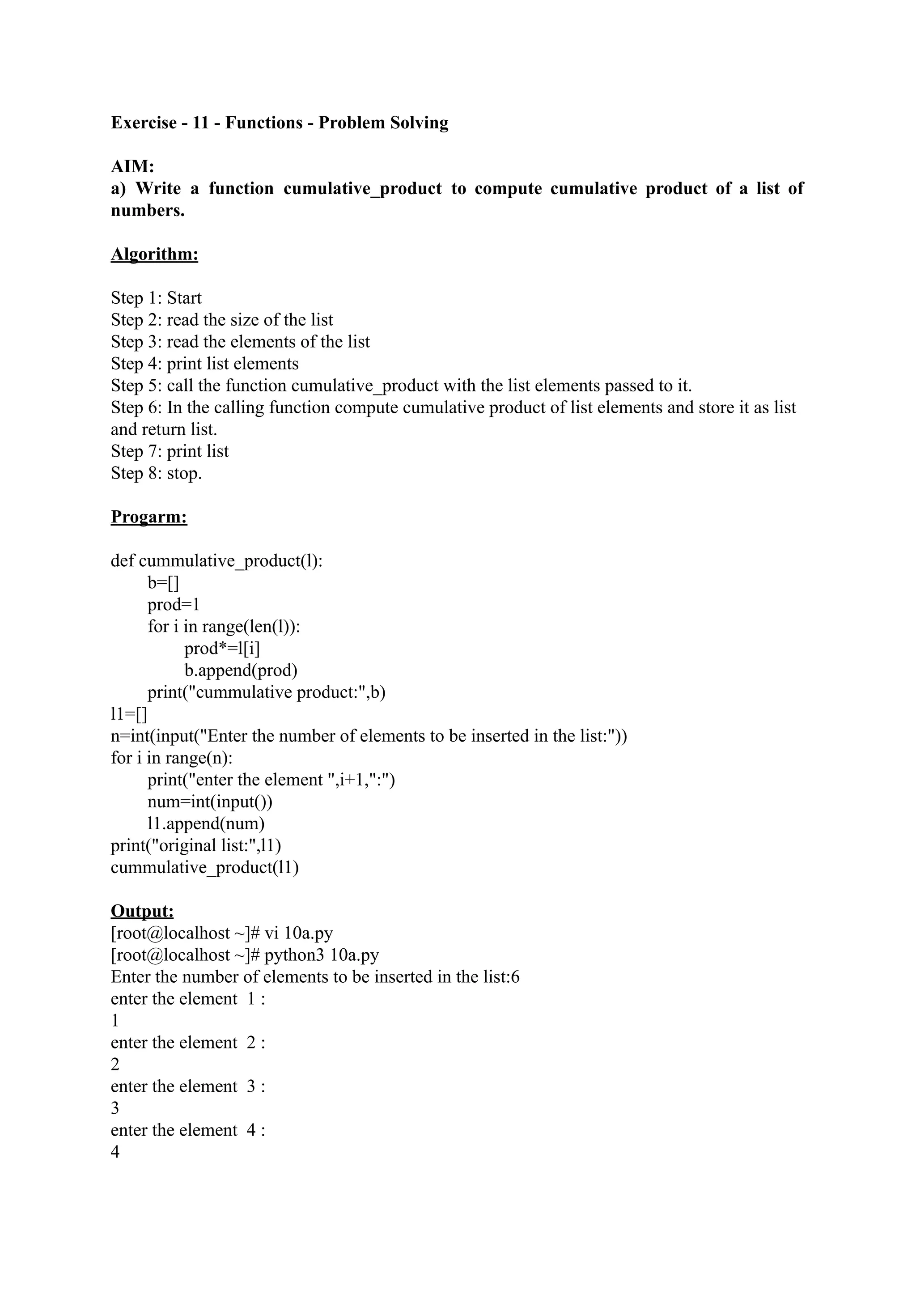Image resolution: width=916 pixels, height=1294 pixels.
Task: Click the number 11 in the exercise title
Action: (201, 123)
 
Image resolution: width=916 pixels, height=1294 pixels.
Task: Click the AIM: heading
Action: (132, 166)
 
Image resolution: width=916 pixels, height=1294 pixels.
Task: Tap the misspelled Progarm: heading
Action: (149, 517)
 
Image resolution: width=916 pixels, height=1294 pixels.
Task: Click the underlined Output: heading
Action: (142, 911)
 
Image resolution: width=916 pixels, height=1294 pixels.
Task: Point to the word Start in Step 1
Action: (184, 298)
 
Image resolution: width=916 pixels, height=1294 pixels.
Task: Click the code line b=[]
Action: (163, 583)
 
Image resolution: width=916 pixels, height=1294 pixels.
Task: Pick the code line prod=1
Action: (174, 605)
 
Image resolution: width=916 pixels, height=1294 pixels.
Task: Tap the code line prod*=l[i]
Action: (222, 649)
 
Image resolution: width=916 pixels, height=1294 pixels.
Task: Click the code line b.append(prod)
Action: (241, 670)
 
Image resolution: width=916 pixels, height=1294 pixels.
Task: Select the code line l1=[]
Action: (129, 714)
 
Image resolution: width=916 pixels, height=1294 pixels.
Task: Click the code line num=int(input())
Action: (210, 802)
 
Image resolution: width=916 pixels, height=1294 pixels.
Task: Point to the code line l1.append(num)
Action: (206, 823)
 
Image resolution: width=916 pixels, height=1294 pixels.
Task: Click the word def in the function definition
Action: (123, 561)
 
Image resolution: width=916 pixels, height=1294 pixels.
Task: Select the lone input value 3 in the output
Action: (115, 1108)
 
